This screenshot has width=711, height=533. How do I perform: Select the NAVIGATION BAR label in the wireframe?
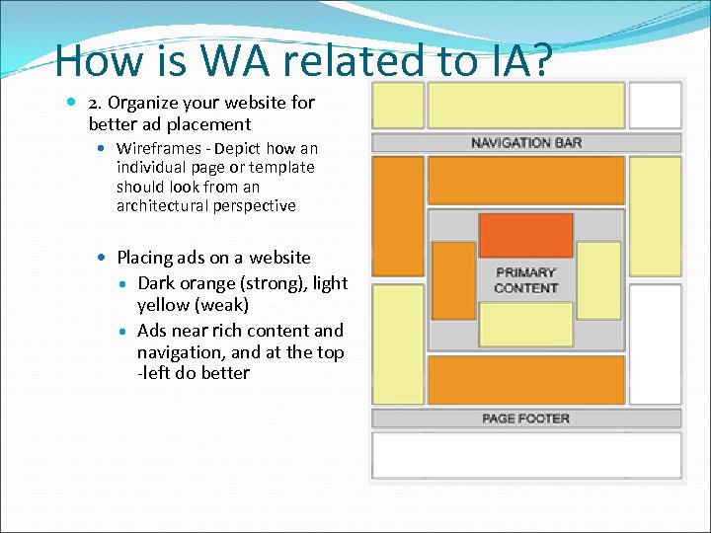[x=526, y=143]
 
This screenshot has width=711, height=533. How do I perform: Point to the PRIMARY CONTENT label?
[x=525, y=280]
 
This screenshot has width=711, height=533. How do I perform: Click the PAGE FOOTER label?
[x=525, y=419]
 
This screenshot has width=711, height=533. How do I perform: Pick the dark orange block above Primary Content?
[x=525, y=235]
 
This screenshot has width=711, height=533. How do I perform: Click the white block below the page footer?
[x=525, y=455]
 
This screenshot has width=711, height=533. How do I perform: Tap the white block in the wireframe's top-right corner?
[x=655, y=106]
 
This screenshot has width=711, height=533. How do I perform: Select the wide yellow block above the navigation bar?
[x=526, y=106]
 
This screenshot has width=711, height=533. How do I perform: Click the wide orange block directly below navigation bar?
[x=526, y=180]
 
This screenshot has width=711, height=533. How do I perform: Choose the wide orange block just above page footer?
[x=526, y=380]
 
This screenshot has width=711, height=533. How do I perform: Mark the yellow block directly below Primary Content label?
[x=525, y=325]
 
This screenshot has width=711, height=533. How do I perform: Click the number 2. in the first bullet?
[x=97, y=103]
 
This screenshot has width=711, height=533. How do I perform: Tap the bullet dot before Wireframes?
[x=104, y=148]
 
